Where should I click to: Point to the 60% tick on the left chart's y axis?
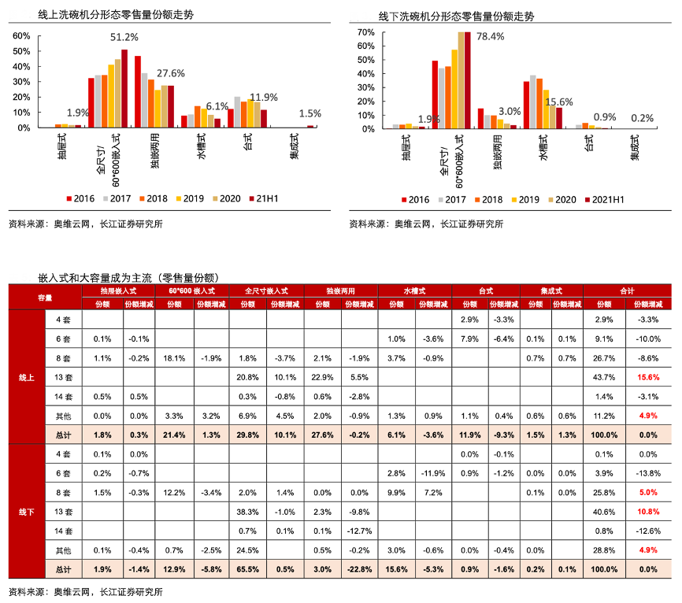[x=21, y=36]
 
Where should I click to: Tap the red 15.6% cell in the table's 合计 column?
[x=643, y=377]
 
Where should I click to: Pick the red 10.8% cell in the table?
[x=643, y=511]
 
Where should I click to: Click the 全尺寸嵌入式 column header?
[x=266, y=290]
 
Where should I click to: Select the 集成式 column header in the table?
[x=551, y=290]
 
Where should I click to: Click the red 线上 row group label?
[x=26, y=377]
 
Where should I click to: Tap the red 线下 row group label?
[x=26, y=511]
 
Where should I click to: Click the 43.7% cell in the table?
[x=604, y=377]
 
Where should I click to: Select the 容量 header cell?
[x=45, y=297]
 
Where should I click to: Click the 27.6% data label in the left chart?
[x=170, y=73]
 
